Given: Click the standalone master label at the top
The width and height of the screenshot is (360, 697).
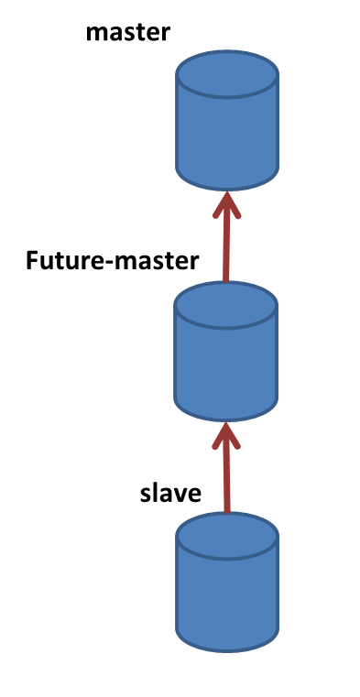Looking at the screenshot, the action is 128,33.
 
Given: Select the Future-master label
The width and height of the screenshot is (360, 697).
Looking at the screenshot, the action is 112,260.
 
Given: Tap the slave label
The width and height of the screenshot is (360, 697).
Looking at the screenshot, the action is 170,493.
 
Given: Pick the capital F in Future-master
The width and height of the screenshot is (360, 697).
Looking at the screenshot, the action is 32,260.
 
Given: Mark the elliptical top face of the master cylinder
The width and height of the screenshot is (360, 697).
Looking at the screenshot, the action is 227,74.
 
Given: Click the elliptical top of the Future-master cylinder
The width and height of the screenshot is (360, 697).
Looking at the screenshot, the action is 225,305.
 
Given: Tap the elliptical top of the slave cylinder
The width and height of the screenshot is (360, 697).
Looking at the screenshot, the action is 227,536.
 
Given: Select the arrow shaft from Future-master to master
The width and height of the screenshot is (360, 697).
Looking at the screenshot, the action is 226,243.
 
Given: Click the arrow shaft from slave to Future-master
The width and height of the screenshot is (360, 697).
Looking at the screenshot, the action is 226,474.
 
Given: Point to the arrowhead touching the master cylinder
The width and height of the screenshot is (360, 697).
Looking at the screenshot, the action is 226,204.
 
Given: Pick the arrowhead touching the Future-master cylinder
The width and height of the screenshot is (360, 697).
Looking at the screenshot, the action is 226,435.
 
